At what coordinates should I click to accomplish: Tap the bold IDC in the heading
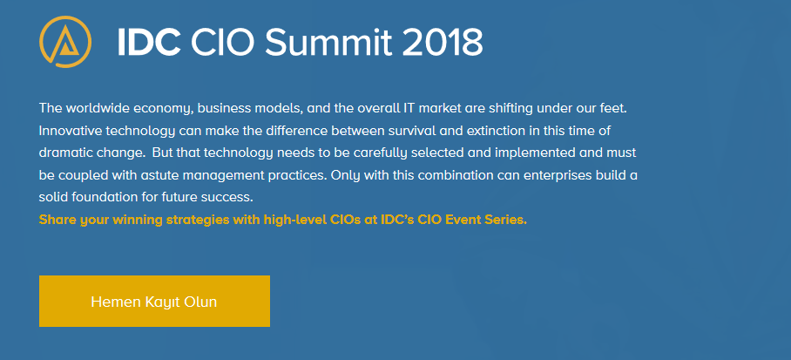pos(149,42)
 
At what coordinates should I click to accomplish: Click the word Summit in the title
pos(328,42)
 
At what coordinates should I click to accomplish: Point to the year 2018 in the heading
pos(443,42)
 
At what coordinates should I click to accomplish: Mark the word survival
pos(412,131)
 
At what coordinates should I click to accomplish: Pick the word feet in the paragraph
pos(615,108)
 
